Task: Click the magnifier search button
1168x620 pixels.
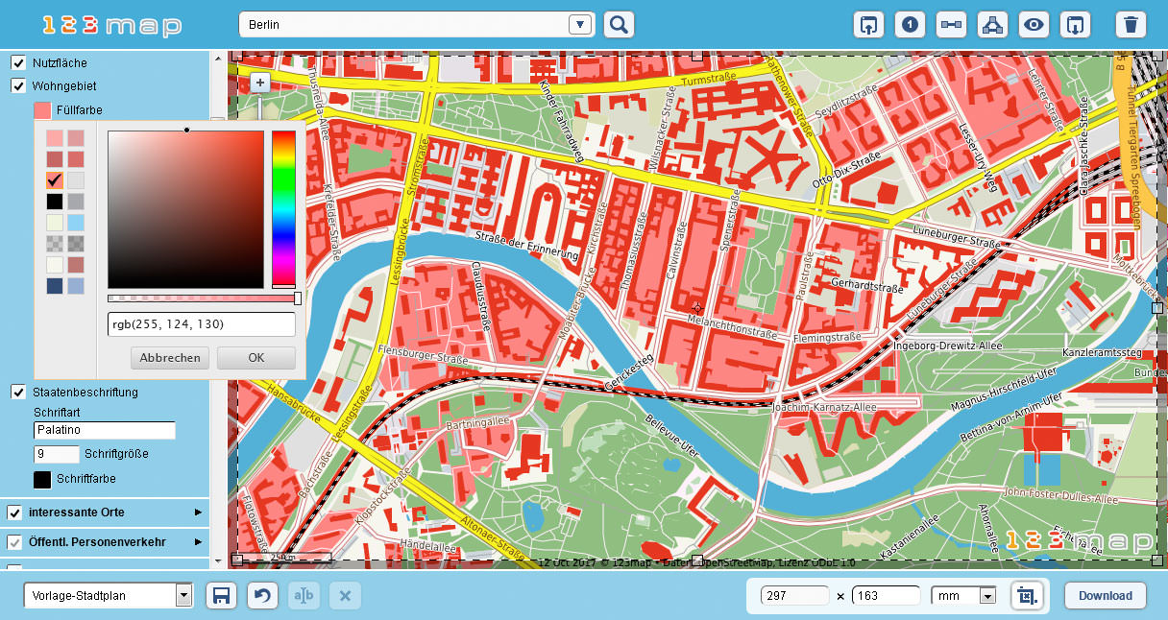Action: coord(620,25)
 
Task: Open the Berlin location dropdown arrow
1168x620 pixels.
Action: coord(579,25)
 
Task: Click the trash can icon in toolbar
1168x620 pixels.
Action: coord(1131,25)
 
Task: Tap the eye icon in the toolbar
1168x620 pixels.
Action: coord(1034,25)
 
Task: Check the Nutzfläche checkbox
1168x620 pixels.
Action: coord(18,62)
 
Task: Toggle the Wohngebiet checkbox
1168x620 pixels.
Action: coord(18,85)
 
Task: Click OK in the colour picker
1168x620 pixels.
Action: coord(255,358)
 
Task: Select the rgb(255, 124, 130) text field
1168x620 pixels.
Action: coord(201,324)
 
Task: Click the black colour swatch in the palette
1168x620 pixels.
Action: coord(55,202)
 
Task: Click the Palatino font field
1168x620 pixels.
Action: coord(105,431)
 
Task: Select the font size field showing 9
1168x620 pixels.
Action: coord(57,454)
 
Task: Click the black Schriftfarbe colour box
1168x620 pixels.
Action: coord(42,479)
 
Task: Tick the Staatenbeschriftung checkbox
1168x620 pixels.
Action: coord(18,392)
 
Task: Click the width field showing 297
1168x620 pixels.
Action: coord(793,596)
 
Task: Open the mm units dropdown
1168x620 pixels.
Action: coord(963,596)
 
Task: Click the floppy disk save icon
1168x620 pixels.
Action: coord(221,596)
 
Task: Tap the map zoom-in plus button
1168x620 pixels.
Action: coord(259,83)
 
